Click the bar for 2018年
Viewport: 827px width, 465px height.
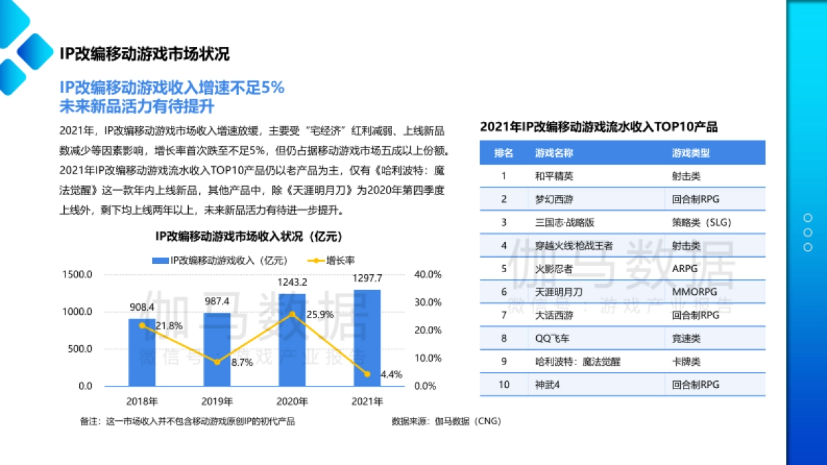click(141, 352)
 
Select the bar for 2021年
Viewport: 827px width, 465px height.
click(367, 338)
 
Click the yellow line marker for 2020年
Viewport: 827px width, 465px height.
click(292, 314)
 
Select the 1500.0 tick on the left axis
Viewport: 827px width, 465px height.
click(77, 274)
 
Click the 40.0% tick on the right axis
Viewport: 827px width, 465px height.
click(427, 274)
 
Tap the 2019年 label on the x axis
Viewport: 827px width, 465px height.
click(216, 401)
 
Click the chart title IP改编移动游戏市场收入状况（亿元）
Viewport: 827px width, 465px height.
click(248, 237)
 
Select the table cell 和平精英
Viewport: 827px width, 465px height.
click(553, 176)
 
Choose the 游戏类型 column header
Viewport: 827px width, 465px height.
click(691, 152)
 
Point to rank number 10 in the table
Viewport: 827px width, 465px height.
click(504, 384)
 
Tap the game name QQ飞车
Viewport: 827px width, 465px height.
click(552, 338)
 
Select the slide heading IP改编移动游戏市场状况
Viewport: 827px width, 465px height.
click(144, 54)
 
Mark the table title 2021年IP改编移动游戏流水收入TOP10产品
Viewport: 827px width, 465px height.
click(598, 127)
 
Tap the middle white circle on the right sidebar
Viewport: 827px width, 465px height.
click(808, 233)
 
